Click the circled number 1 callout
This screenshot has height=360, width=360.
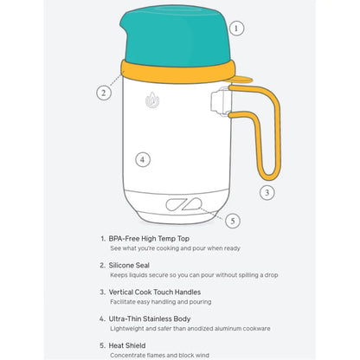[236, 29]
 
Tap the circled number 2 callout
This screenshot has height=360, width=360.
[104, 93]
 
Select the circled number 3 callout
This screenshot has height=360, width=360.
[267, 192]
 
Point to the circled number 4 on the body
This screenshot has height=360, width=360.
[143, 159]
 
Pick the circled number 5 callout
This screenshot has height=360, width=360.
[233, 221]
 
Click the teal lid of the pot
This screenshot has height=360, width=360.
[176, 36]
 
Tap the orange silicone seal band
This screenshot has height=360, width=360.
[178, 72]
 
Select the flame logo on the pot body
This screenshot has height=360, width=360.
[152, 100]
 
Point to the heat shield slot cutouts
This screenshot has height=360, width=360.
[183, 204]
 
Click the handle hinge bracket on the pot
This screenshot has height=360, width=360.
[221, 101]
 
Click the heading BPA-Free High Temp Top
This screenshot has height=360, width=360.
[149, 239]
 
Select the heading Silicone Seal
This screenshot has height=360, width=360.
[129, 266]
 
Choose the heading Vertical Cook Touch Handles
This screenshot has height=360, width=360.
[155, 292]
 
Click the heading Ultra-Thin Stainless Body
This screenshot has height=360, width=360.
[150, 319]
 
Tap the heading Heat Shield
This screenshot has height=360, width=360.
[127, 345]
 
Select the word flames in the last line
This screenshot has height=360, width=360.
[156, 355]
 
